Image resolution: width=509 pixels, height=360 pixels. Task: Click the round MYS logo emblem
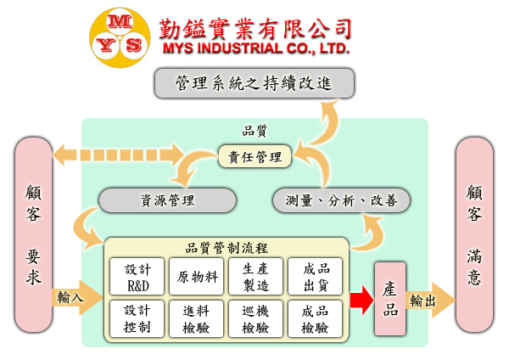pos(118,33)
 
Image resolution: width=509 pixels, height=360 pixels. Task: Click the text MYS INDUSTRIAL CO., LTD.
pos(255,48)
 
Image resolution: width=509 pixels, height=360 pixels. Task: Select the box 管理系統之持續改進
pos(254,83)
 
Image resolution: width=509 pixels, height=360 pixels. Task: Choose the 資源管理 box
pos(167,200)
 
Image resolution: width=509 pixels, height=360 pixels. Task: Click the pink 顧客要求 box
pos(34,233)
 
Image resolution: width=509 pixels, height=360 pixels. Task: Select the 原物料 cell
pos(196,277)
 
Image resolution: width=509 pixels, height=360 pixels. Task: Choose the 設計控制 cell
pos(137,318)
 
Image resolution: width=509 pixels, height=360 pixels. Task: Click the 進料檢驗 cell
pos(196,318)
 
